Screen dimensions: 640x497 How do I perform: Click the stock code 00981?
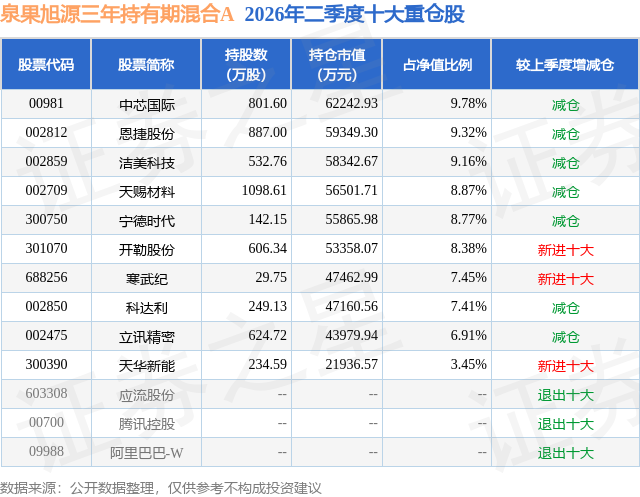pyautogui.click(x=46, y=104)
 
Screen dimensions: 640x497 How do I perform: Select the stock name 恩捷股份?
pyautogui.click(x=147, y=133)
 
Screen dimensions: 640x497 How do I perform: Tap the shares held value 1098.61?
pyautogui.click(x=264, y=191)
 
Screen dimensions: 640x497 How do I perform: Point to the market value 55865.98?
pyautogui.click(x=351, y=220)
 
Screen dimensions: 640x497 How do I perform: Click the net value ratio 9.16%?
pyautogui.click(x=469, y=162)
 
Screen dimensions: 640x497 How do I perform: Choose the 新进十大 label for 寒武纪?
pyautogui.click(x=565, y=279)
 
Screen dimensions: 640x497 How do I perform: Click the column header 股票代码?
pyautogui.click(x=46, y=64)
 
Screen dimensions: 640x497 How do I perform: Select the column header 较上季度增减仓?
pyautogui.click(x=565, y=64)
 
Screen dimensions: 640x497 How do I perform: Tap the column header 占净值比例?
pyautogui.click(x=437, y=64)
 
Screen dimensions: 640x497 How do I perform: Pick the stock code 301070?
pyautogui.click(x=46, y=248)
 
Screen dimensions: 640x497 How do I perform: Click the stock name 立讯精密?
pyautogui.click(x=147, y=337)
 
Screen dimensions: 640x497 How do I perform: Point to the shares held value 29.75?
pyautogui.click(x=271, y=277)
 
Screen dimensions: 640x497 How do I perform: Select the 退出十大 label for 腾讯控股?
pyautogui.click(x=565, y=424)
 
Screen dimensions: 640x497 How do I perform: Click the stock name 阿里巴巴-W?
pyautogui.click(x=147, y=453)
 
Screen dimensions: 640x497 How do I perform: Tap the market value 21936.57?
pyautogui.click(x=351, y=364)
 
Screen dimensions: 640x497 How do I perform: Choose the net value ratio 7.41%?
pyautogui.click(x=469, y=306)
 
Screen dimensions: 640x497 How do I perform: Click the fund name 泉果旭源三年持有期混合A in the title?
pyautogui.click(x=117, y=15)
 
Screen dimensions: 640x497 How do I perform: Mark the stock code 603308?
pyautogui.click(x=46, y=393)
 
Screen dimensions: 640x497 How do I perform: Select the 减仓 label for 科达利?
pyautogui.click(x=565, y=308)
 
